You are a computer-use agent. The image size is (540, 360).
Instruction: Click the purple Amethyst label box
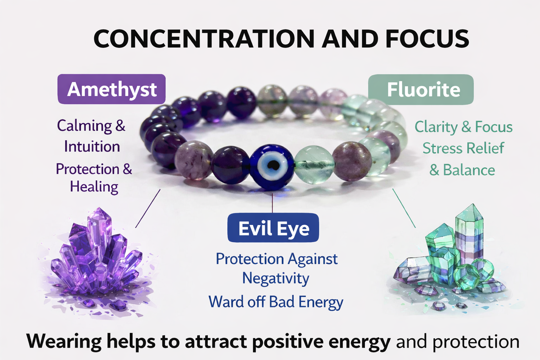point(111,89)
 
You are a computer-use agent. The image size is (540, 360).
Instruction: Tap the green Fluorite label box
point(421,89)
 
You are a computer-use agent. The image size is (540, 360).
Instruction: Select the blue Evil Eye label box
point(273,227)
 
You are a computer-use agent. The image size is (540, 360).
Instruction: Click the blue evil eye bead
point(272,167)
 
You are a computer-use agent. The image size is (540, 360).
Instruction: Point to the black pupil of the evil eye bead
point(274,165)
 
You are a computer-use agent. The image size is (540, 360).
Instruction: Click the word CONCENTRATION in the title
point(204,39)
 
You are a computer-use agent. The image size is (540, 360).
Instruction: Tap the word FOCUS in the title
point(427,39)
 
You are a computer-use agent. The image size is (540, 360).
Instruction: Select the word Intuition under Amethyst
point(92,146)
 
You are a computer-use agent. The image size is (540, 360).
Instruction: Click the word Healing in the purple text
point(94,187)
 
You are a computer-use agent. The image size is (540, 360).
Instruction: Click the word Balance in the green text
point(469,170)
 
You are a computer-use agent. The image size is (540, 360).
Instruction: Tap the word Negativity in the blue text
point(276,278)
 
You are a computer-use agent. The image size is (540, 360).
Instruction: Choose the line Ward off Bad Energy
point(276,302)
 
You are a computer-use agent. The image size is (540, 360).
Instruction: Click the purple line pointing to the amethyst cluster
point(148,208)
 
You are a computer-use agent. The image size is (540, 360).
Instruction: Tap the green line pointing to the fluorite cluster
point(404,208)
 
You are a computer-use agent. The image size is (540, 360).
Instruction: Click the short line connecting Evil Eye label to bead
point(272,203)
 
